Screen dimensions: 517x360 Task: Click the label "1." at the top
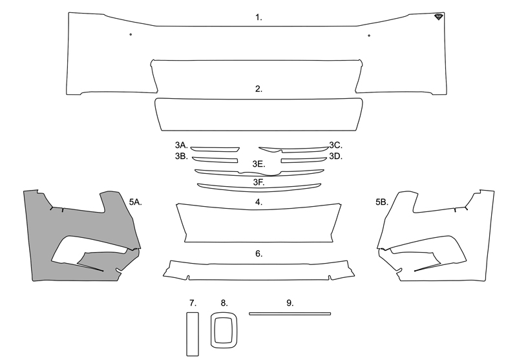[258, 17]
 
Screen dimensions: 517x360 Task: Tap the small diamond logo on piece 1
[439, 17]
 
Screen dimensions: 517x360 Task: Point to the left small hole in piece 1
[131, 34]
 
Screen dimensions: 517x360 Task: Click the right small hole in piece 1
[369, 36]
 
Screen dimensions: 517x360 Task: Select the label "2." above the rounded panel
[258, 89]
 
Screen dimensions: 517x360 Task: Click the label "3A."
[182, 145]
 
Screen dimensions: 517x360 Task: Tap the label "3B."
[182, 156]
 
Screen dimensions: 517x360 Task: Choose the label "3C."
[335, 145]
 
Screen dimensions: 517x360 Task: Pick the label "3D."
[335, 156]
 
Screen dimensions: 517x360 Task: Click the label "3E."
[259, 164]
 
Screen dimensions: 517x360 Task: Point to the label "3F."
[259, 182]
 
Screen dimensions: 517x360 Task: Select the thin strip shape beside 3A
[215, 150]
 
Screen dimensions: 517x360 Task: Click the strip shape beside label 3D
[304, 160]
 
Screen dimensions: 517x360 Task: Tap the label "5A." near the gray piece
[136, 202]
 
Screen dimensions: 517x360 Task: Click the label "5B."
[382, 202]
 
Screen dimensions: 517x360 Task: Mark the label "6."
[259, 254]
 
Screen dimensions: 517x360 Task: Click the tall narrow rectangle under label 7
[193, 334]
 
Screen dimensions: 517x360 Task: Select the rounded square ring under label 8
[213, 330]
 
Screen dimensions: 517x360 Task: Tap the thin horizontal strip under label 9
[290, 314]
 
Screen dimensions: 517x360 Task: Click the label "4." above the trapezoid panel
[259, 202]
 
